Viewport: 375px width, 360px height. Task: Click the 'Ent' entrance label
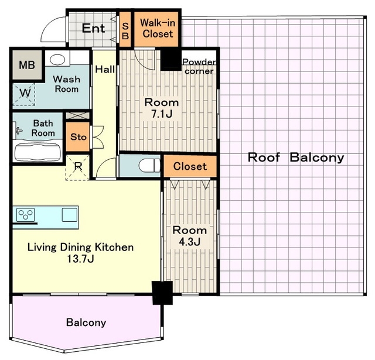click(93, 28)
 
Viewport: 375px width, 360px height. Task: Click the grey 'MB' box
click(27, 65)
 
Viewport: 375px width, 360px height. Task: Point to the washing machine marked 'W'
click(25, 94)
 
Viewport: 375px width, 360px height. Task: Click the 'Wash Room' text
click(66, 84)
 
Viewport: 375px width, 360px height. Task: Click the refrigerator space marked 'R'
click(79, 166)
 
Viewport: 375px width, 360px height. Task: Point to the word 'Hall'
click(105, 70)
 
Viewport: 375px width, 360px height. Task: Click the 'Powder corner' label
click(199, 67)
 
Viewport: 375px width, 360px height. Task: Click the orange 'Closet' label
click(190, 166)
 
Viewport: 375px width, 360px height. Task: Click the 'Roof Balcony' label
click(295, 157)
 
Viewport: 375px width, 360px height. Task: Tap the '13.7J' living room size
click(81, 258)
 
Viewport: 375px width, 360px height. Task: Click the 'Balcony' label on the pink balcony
click(86, 323)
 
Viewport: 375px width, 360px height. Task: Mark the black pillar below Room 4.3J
click(161, 293)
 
